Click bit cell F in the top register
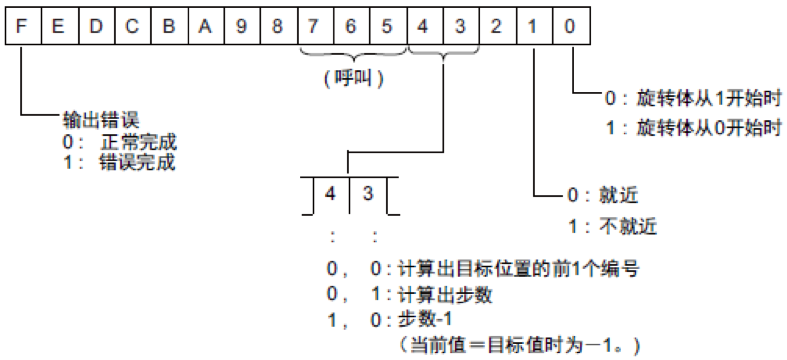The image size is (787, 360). (x=22, y=27)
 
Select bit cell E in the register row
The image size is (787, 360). (x=58, y=27)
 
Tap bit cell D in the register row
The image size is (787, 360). (x=95, y=27)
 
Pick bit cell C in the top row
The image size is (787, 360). (x=131, y=27)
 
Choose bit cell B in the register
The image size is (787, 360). (x=168, y=27)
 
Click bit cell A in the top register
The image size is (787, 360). (x=204, y=27)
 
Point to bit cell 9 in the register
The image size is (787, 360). (x=241, y=27)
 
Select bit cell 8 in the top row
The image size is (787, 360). (x=277, y=27)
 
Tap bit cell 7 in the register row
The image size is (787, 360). (x=314, y=27)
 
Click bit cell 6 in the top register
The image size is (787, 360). (x=350, y=27)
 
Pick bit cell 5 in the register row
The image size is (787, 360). (x=387, y=27)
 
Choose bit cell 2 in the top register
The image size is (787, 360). (x=496, y=27)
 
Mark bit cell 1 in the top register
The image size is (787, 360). (x=533, y=27)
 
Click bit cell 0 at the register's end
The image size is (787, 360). (x=569, y=27)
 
